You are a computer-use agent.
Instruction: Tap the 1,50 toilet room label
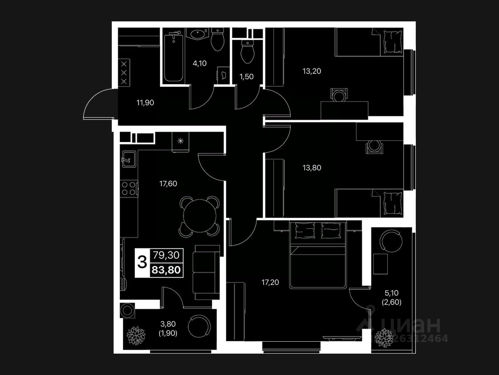tap(246, 77)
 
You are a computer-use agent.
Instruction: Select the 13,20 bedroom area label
tap(312, 71)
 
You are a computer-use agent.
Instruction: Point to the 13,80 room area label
tap(312, 168)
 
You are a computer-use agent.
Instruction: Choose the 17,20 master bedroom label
tap(270, 282)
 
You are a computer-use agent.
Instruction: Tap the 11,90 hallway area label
tap(145, 102)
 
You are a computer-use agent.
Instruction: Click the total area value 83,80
tap(166, 270)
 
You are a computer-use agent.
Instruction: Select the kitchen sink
tap(127, 158)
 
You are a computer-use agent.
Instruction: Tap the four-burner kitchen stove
tap(129, 189)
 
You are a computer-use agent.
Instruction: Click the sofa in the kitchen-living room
tap(207, 272)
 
